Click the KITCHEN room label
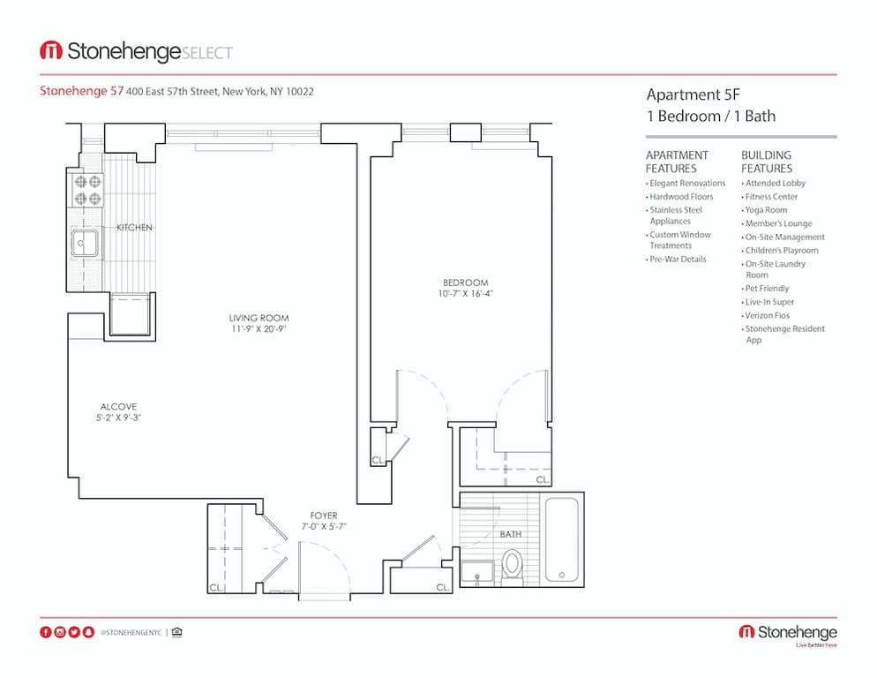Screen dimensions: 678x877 coord(134,228)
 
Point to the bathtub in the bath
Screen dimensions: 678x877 coord(562,539)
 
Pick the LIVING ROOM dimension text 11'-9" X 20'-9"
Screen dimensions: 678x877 coord(259,329)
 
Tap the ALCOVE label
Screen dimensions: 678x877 coord(117,407)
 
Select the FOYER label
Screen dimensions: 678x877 coord(323,516)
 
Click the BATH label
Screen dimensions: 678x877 coord(510,534)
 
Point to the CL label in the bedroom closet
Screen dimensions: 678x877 coord(542,479)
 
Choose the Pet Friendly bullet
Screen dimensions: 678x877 coord(767,289)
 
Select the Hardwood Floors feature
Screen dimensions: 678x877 coord(681,197)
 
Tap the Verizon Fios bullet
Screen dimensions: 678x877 coord(767,315)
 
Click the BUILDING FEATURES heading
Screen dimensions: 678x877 coord(767,162)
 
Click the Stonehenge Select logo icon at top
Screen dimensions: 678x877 coord(50,51)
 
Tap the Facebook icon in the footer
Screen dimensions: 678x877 coord(46,632)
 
